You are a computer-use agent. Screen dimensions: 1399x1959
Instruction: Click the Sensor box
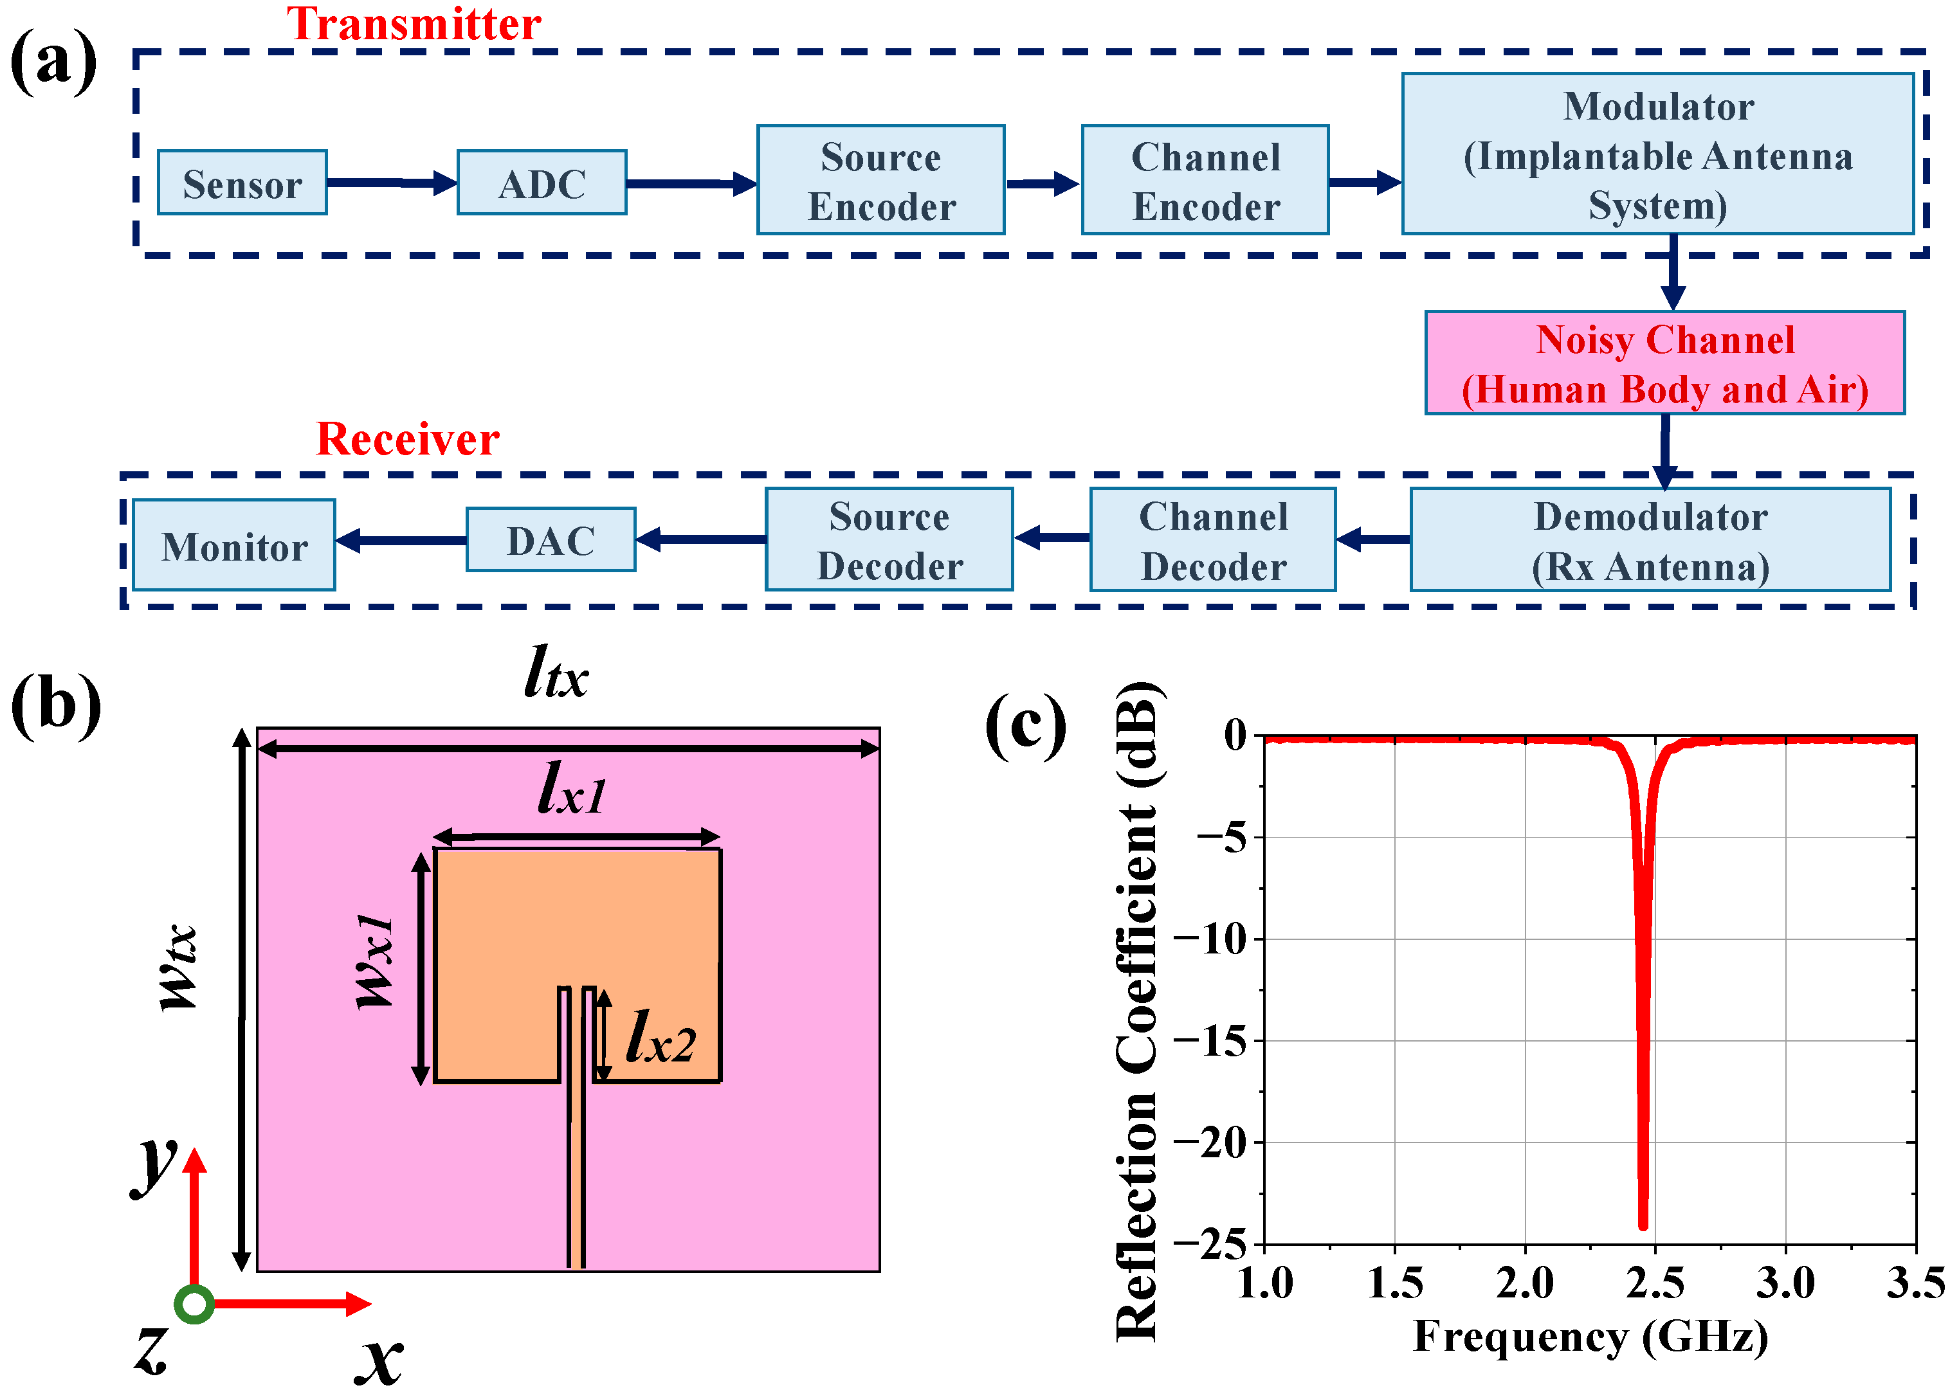pos(242,183)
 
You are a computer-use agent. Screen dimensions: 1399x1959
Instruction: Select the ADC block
pos(542,183)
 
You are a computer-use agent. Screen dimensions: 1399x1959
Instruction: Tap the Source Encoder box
pos(880,180)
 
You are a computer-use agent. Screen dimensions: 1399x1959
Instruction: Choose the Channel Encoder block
pos(1205,180)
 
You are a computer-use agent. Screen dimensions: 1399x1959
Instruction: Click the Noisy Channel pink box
pos(1664,363)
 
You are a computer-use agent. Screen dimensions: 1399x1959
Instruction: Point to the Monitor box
pos(234,545)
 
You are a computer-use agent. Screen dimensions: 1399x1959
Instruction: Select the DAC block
pos(551,540)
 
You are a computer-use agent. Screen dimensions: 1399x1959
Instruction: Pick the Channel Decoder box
pos(1213,540)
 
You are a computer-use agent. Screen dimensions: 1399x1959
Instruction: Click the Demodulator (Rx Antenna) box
pos(1650,540)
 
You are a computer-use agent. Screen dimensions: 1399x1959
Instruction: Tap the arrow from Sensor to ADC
pos(392,183)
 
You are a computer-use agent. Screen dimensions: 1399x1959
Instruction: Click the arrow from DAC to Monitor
pos(401,541)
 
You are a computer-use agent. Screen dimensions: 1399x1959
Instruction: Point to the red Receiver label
pos(408,439)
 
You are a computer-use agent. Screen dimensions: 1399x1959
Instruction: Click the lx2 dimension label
pos(660,1037)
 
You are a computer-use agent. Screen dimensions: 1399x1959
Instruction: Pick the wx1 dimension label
pos(376,961)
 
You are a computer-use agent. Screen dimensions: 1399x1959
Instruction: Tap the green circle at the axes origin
pos(195,1303)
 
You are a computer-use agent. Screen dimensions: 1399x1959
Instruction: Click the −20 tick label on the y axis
pos(1211,1143)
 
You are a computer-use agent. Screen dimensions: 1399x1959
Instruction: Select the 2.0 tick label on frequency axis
pos(1525,1283)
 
